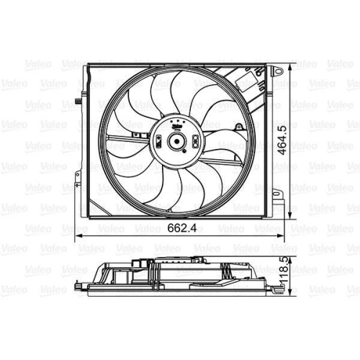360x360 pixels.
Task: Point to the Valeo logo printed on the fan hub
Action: (x=176, y=124)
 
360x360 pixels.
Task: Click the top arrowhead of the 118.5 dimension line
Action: (x=292, y=249)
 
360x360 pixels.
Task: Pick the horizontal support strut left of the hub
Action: (x=127, y=138)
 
